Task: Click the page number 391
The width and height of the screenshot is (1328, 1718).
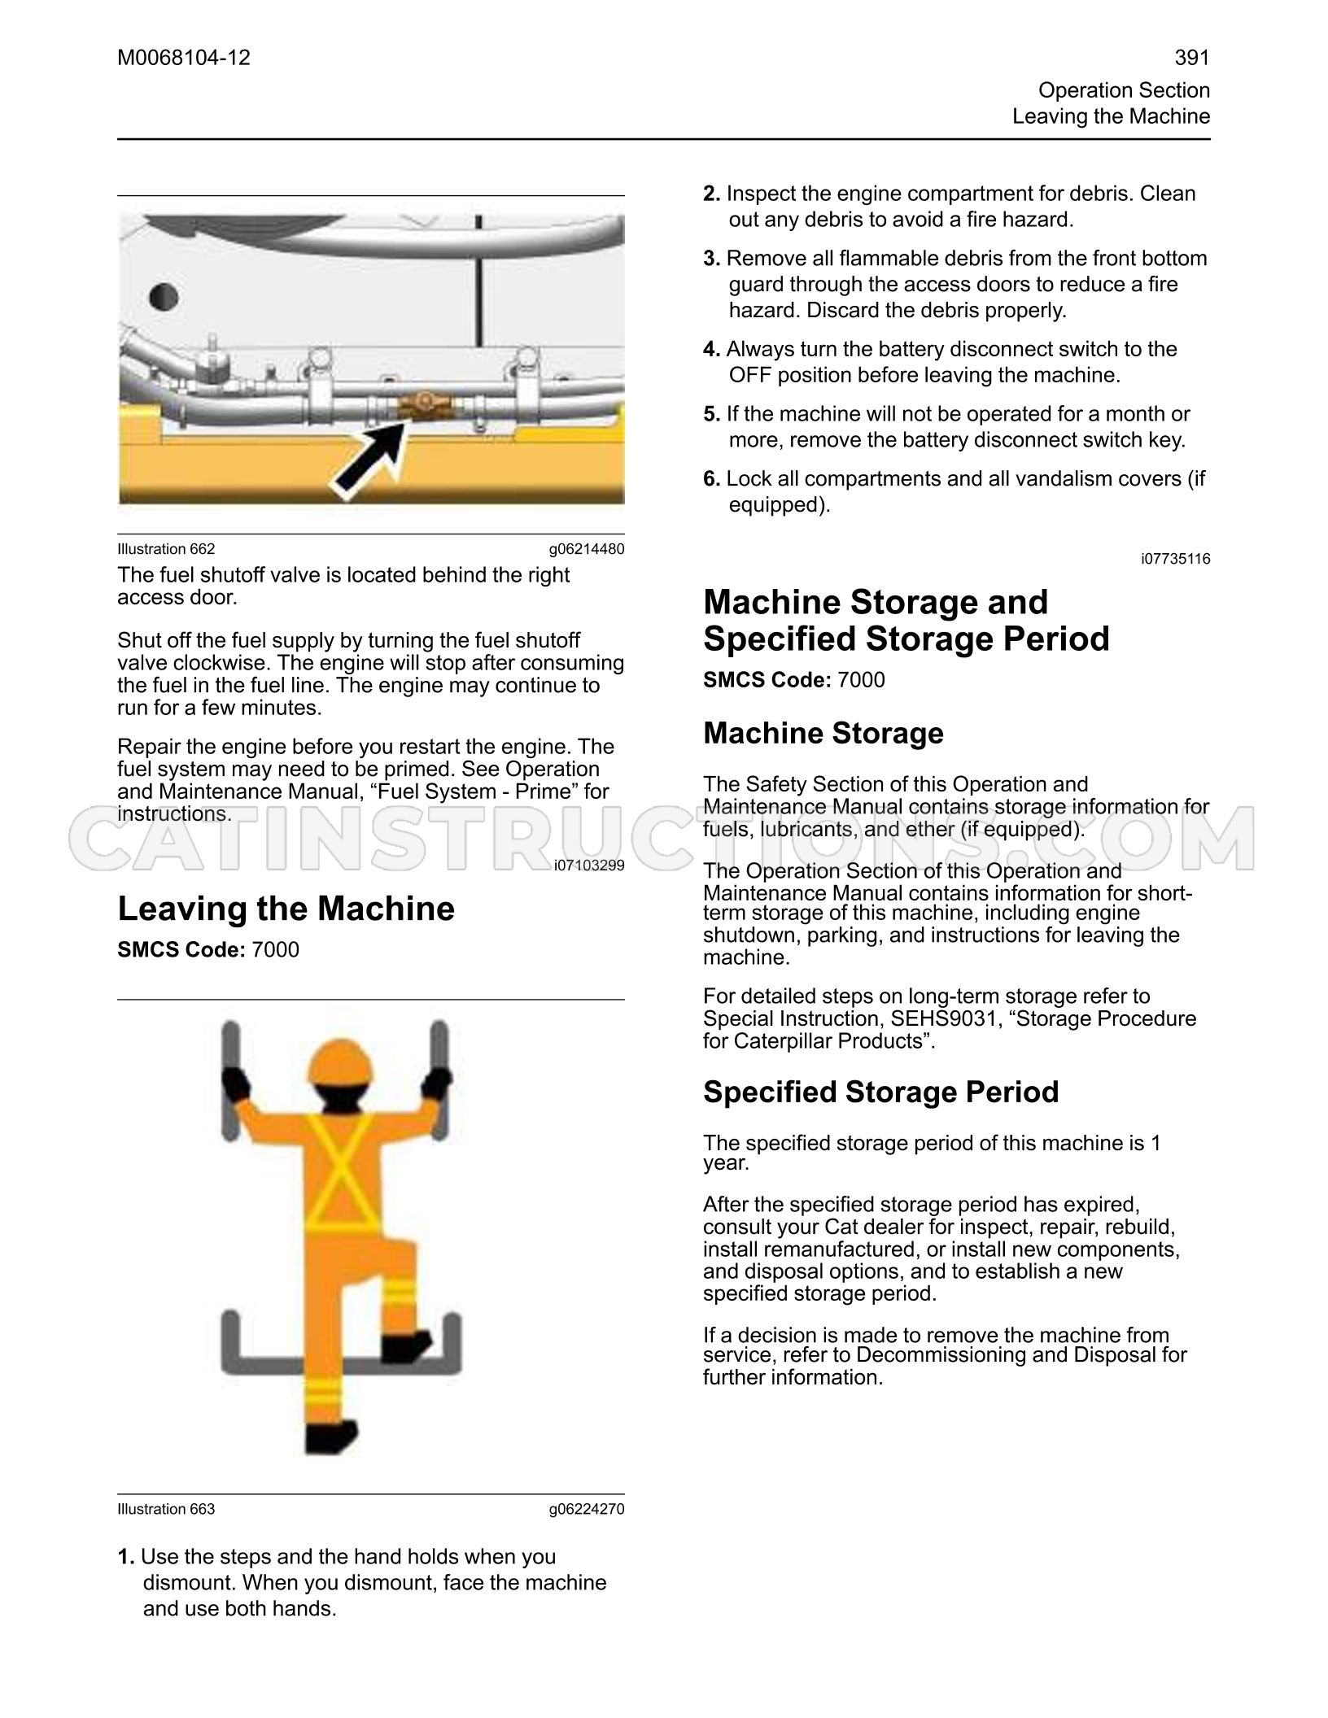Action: (x=1192, y=58)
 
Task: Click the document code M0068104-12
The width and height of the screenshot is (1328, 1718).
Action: (x=184, y=58)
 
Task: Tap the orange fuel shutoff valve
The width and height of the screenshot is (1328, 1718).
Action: (x=422, y=403)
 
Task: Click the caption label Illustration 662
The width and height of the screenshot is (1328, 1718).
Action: (x=166, y=549)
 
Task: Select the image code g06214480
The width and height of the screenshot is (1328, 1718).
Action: (x=587, y=549)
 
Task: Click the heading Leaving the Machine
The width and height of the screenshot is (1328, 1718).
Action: (x=286, y=909)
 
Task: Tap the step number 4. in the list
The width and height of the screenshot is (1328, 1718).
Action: (x=712, y=350)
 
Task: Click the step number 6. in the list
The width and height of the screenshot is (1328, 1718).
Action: (x=712, y=479)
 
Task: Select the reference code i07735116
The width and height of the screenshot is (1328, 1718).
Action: (x=1175, y=559)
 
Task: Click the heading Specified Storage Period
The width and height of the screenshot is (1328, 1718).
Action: (x=881, y=1092)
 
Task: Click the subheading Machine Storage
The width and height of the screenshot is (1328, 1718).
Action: (x=823, y=733)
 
